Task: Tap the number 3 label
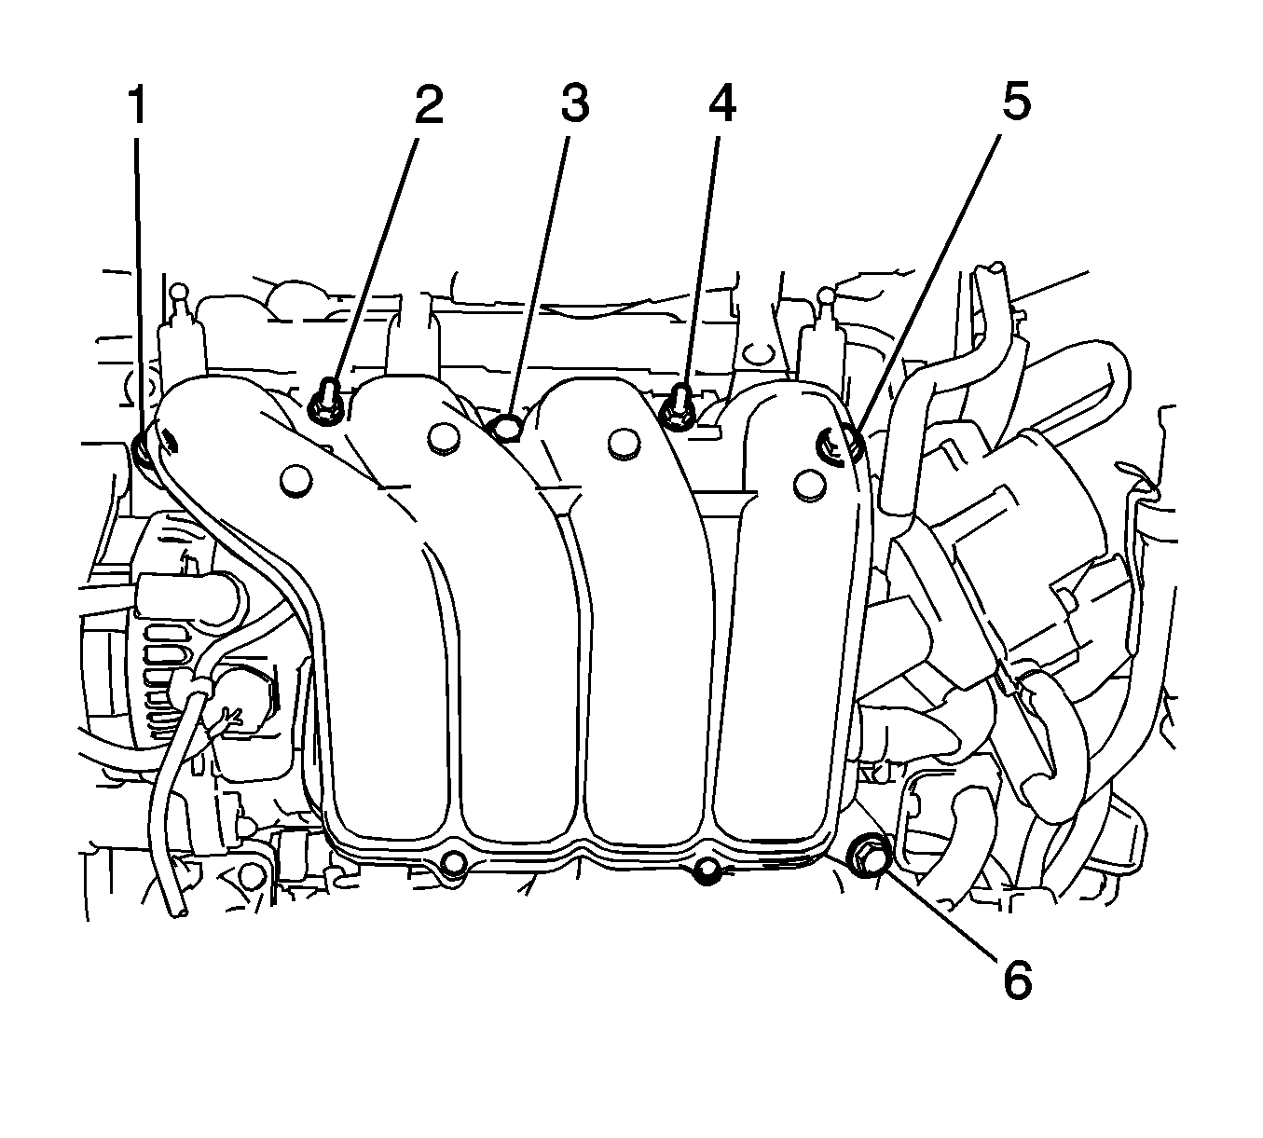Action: coord(574,105)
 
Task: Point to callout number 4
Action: coord(721,105)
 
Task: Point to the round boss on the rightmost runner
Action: coord(809,483)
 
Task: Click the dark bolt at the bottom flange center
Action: coord(707,871)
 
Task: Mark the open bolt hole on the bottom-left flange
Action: coord(455,863)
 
